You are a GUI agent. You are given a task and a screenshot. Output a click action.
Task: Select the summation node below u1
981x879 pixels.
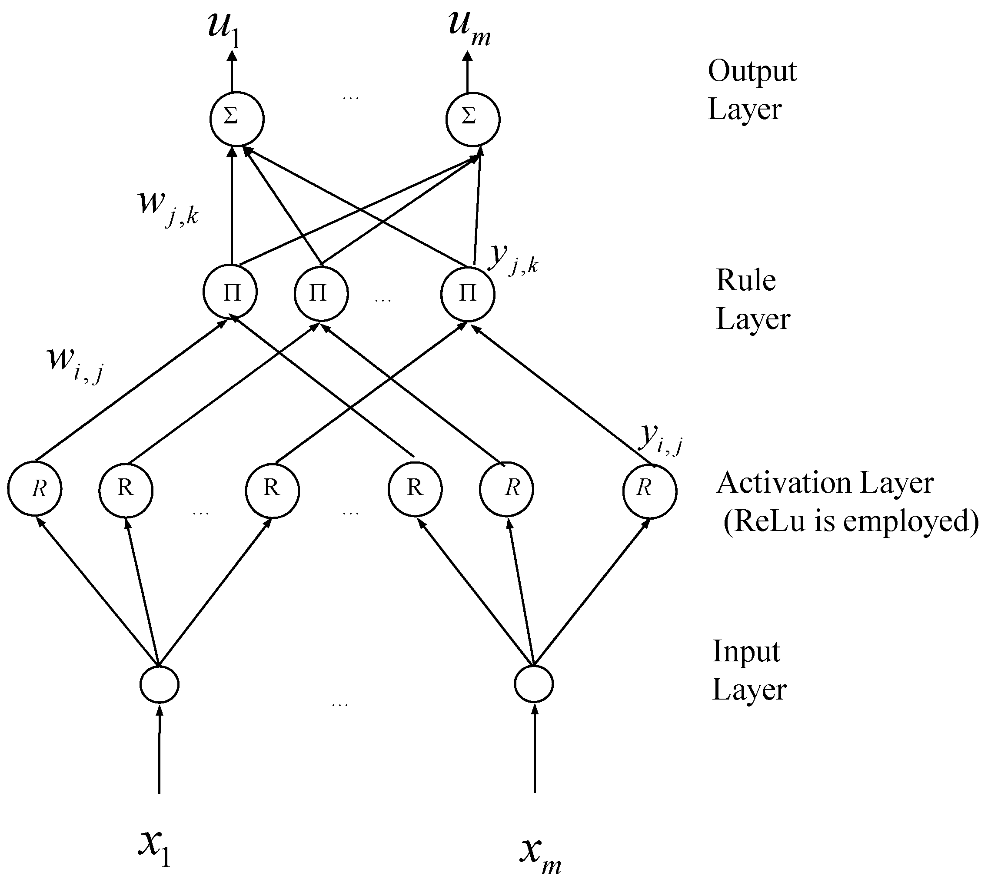pyautogui.click(x=237, y=119)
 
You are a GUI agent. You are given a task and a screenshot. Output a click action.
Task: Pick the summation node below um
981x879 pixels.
pyautogui.click(x=472, y=119)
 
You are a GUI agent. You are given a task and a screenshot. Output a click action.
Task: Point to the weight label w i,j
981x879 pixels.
pyautogui.click(x=75, y=364)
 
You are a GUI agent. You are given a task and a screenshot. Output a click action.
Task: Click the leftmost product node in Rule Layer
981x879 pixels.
pyautogui.click(x=230, y=292)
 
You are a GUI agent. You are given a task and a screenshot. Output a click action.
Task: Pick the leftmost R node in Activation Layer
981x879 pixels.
pyautogui.click(x=34, y=488)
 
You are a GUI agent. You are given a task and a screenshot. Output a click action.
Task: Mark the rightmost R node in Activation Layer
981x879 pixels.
pyautogui.click(x=649, y=491)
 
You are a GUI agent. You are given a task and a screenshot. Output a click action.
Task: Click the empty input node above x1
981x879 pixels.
pyautogui.click(x=160, y=684)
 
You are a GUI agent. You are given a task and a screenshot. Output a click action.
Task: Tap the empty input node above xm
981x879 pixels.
pyautogui.click(x=533, y=683)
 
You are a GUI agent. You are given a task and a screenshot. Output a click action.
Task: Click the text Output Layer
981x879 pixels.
pyautogui.click(x=751, y=90)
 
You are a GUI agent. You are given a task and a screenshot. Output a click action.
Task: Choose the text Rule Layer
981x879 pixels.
pyautogui.click(x=752, y=299)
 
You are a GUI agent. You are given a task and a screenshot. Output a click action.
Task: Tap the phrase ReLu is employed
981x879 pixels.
pyautogui.click(x=851, y=521)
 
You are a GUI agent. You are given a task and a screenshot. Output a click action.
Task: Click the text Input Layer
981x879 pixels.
pyautogui.click(x=748, y=670)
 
